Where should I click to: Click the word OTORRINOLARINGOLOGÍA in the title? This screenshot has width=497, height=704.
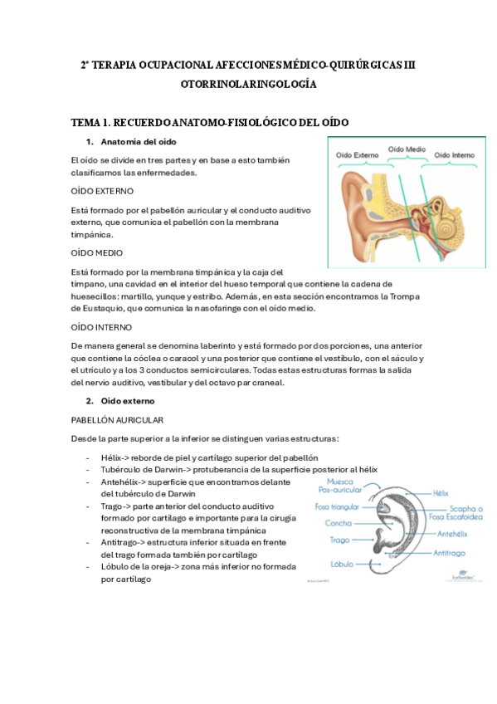(248, 85)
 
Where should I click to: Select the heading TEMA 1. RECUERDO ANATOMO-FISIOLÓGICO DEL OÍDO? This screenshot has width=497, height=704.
(209, 123)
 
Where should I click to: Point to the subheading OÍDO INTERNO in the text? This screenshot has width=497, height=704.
(102, 327)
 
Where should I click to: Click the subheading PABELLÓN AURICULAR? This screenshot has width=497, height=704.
(117, 420)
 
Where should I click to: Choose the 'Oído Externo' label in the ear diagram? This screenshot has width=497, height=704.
(357, 155)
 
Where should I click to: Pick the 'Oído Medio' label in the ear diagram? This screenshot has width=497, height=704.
(407, 149)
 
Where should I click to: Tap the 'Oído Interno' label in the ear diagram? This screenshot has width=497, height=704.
(455, 155)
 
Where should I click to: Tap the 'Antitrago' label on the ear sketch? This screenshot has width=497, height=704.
(452, 552)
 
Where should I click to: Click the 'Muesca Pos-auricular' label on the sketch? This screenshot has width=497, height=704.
(327, 486)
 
